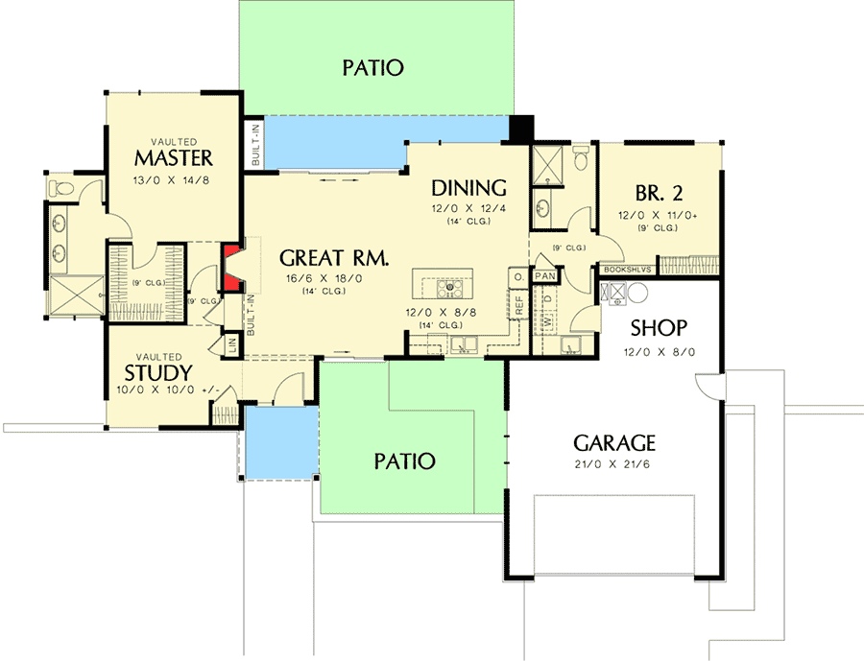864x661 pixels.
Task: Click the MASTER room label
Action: [174, 157]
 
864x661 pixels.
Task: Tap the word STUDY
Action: [158, 372]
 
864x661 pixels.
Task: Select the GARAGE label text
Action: [614, 443]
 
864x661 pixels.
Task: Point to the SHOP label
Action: [660, 327]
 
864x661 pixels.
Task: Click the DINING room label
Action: [468, 187]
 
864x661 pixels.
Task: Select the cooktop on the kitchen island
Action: [449, 286]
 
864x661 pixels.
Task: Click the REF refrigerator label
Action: [519, 305]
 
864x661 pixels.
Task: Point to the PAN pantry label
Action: [544, 276]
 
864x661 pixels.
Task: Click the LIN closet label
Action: [231, 343]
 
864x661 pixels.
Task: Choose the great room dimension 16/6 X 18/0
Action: [333, 277]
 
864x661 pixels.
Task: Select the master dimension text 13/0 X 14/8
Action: [174, 178]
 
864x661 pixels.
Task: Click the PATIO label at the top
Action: [372, 68]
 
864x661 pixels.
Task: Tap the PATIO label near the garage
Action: [404, 461]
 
